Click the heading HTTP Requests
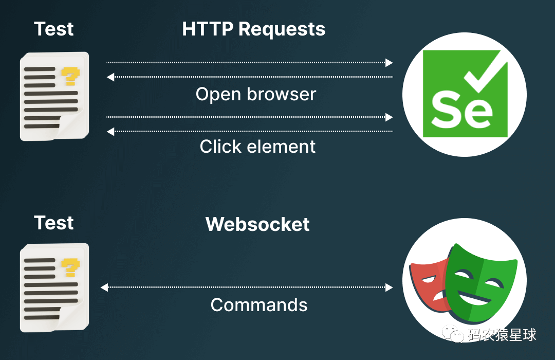coord(253,29)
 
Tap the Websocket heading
coord(257,224)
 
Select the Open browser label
coord(256,94)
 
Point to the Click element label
coord(257,147)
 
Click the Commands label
coord(259,305)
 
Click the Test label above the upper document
coord(54,29)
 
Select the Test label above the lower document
coord(54,223)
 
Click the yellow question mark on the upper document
coord(70,77)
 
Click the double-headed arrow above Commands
coord(247,287)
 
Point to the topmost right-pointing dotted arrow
coord(249,63)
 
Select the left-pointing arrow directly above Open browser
coord(249,77)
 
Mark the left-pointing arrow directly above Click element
coord(249,132)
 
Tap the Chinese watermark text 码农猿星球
coord(502,335)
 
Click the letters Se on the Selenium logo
coord(462,110)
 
